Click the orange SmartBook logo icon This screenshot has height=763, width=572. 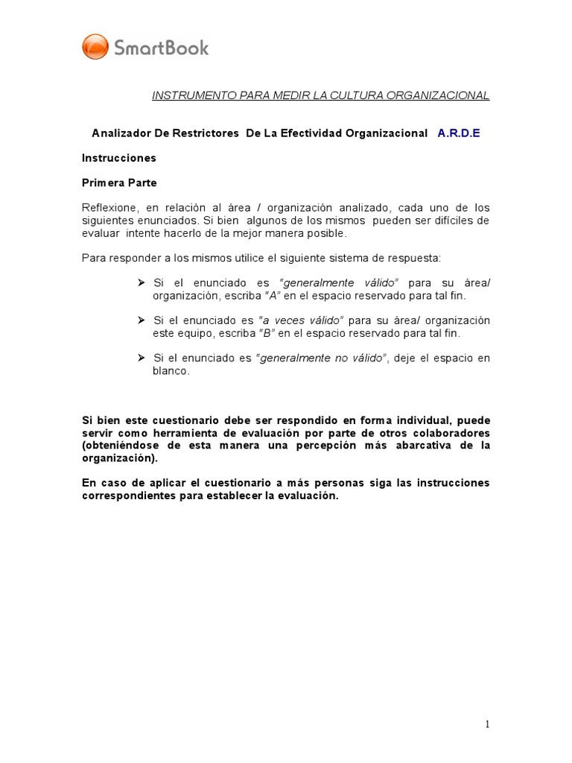[95, 47]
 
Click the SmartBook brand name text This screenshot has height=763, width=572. [161, 48]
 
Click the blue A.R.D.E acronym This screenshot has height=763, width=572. [459, 133]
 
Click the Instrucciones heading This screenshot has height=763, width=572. [119, 158]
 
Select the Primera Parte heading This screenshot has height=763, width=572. [119, 183]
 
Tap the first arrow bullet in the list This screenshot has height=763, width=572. [142, 283]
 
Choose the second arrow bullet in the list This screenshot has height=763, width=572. [142, 320]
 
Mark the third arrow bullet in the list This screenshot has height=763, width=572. [142, 358]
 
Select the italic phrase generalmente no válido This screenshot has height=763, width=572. [322, 358]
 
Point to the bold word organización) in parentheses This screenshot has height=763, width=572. [119, 459]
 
